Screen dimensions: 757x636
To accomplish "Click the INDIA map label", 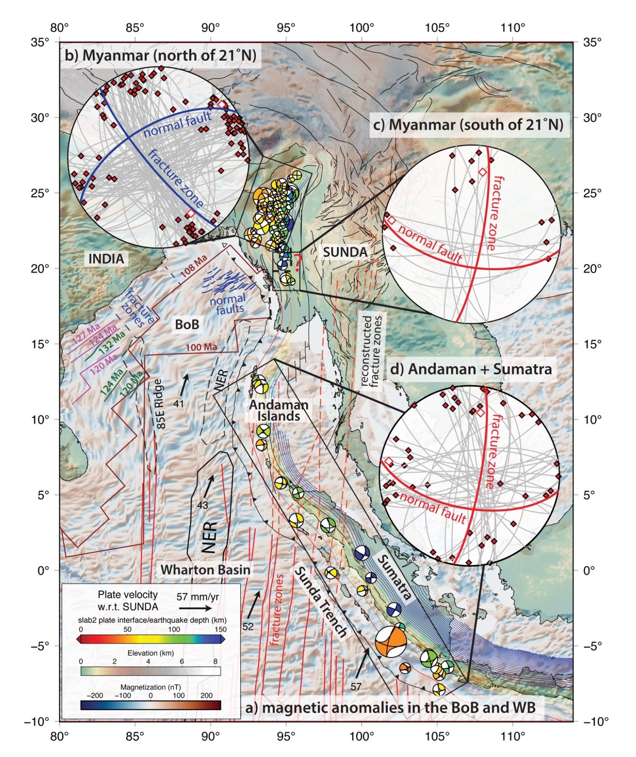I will [x=106, y=259].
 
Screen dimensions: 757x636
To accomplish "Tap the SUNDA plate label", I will [x=345, y=252].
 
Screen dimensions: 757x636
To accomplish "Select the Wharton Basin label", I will [x=205, y=570].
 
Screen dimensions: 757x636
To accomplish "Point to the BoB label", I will [x=187, y=324].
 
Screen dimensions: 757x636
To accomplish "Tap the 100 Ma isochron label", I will [x=201, y=347].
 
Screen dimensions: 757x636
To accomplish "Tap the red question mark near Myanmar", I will [x=298, y=260].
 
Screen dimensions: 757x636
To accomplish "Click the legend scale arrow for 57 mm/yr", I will [x=195, y=608].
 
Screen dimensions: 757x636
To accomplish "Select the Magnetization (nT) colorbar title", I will [x=150, y=687].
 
